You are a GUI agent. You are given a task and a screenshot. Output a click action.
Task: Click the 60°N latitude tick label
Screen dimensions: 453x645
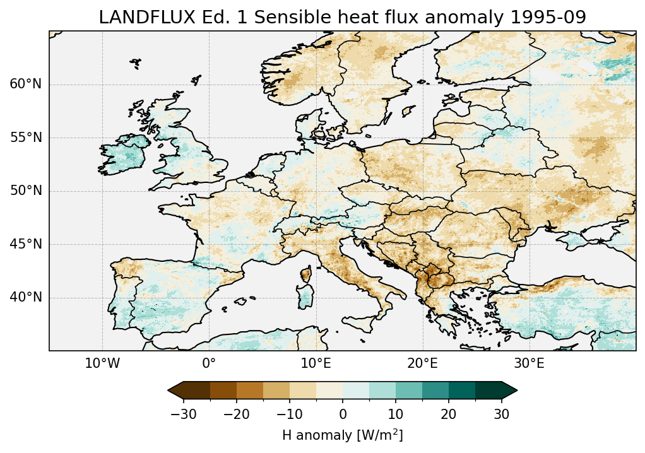pyautogui.click(x=25, y=85)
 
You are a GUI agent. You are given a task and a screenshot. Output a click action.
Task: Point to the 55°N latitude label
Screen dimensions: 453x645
pyautogui.click(x=25, y=138)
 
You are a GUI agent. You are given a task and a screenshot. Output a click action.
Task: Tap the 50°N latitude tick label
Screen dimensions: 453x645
pyautogui.click(x=25, y=191)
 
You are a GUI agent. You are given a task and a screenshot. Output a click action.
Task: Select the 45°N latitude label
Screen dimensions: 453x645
pyautogui.click(x=25, y=244)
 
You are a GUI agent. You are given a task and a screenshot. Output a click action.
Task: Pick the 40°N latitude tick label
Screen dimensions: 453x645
pyautogui.click(x=25, y=297)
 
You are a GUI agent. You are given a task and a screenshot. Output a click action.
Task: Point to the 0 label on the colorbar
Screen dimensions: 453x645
pyautogui.click(x=343, y=414)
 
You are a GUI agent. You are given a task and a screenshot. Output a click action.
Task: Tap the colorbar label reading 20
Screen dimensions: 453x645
pyautogui.click(x=449, y=414)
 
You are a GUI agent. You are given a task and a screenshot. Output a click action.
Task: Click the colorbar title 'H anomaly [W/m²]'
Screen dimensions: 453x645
pyautogui.click(x=342, y=435)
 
